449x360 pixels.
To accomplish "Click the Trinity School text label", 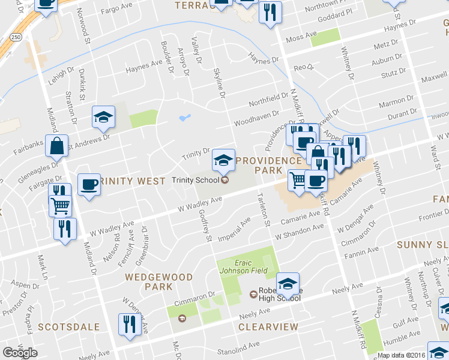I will tap(195, 180).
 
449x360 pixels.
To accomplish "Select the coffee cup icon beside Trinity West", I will tap(89, 184).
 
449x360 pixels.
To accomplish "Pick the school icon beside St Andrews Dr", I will tap(103, 117).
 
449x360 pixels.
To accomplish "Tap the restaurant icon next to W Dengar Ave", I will tap(128, 324).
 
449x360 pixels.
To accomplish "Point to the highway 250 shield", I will tap(16, 37).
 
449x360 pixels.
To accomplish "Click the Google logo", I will tap(20, 353).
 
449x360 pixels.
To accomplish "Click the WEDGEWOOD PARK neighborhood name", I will tap(159, 282).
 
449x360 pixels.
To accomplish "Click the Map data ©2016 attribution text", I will tap(401, 355).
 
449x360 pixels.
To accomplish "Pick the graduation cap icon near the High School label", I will tap(288, 283).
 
